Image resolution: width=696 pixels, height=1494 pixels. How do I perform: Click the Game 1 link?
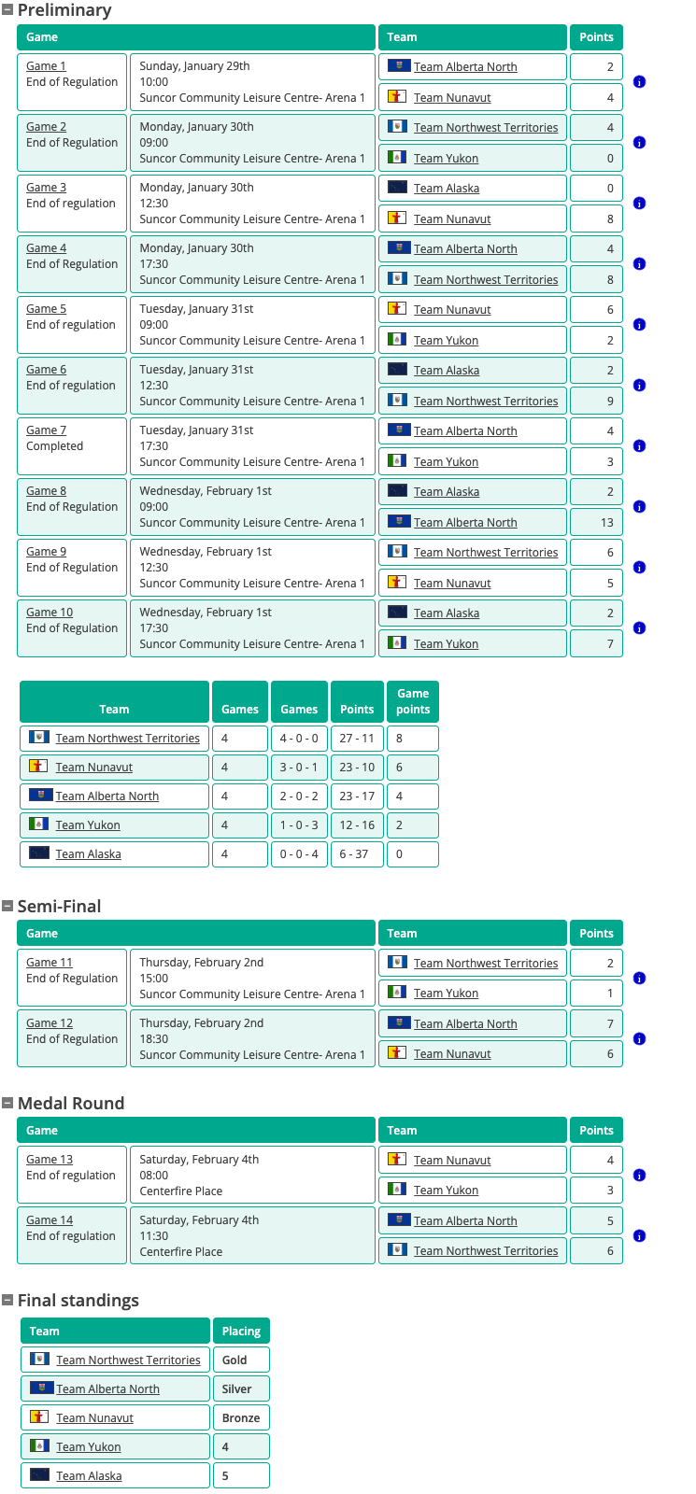(46, 66)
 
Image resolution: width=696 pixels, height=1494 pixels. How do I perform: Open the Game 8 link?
(46, 491)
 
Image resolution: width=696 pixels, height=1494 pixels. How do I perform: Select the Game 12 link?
(50, 1023)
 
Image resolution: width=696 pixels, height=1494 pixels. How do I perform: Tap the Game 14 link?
(50, 1220)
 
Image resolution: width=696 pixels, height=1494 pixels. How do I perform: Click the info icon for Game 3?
(639, 204)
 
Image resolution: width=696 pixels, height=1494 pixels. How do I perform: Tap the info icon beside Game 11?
(639, 979)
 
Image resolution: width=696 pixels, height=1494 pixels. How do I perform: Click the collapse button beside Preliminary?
(7, 10)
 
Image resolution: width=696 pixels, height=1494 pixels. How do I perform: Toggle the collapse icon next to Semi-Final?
(7, 906)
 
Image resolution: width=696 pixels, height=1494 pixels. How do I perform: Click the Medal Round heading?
(71, 1103)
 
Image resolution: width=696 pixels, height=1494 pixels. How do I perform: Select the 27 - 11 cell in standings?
(357, 738)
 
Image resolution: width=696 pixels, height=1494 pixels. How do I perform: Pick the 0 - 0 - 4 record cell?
(299, 853)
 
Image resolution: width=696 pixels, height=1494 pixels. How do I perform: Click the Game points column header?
(413, 701)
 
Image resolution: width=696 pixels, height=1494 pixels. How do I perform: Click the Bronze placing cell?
(241, 1417)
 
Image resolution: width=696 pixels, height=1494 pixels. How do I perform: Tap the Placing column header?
(241, 1331)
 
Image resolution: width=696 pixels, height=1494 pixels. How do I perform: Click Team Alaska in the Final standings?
(89, 1475)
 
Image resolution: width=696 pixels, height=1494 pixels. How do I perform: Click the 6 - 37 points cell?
(357, 853)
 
